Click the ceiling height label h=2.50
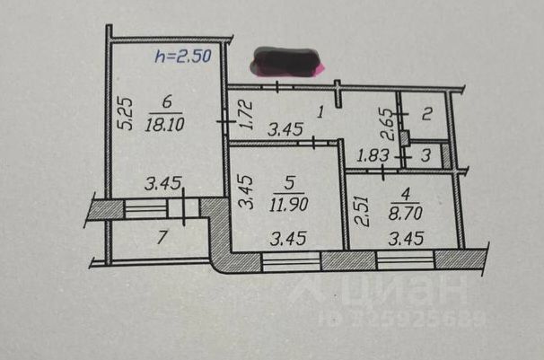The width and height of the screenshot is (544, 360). [x=183, y=56]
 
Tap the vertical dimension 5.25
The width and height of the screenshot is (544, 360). [x=127, y=114]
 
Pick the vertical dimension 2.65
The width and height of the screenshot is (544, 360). [x=384, y=118]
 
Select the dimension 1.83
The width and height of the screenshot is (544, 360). [x=373, y=155]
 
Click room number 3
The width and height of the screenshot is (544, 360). [x=426, y=155]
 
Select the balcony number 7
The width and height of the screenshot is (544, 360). [x=162, y=239]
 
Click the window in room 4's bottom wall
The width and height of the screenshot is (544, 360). [x=406, y=259]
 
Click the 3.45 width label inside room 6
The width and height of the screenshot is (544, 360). [x=163, y=185]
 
